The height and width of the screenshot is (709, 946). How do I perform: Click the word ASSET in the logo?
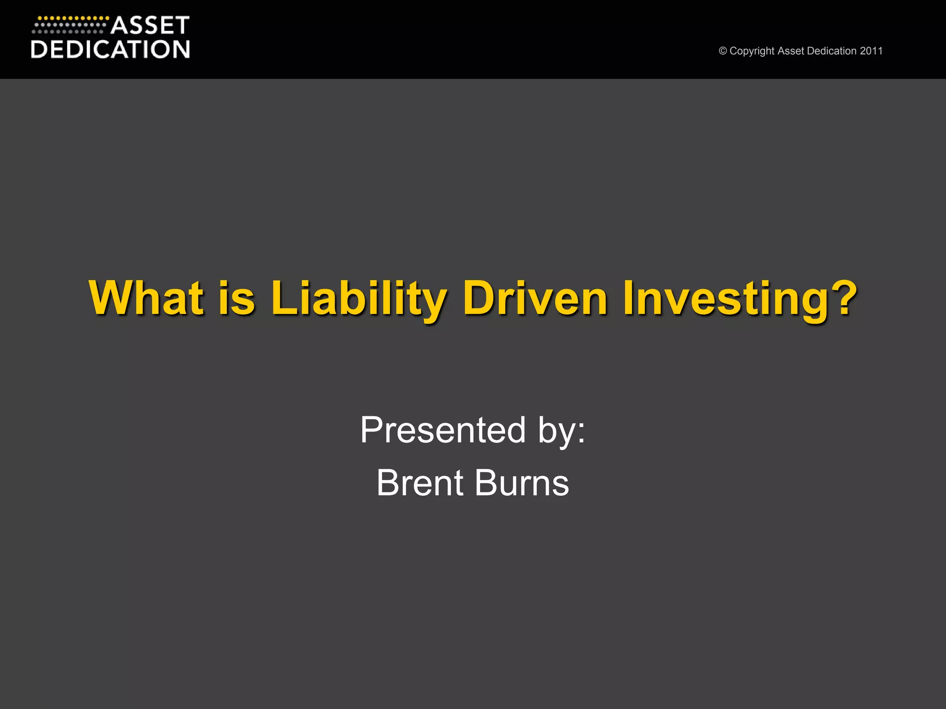(x=150, y=26)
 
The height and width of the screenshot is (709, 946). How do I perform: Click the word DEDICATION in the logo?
(x=110, y=49)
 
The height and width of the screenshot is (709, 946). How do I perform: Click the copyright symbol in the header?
(x=723, y=51)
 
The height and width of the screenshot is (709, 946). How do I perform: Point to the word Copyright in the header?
(x=752, y=51)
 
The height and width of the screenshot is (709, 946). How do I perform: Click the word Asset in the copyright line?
(x=791, y=51)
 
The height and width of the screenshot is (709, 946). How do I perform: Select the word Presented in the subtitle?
(x=443, y=430)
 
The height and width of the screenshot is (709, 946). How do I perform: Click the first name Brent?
(x=420, y=483)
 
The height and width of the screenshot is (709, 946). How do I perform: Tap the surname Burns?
(x=522, y=483)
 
